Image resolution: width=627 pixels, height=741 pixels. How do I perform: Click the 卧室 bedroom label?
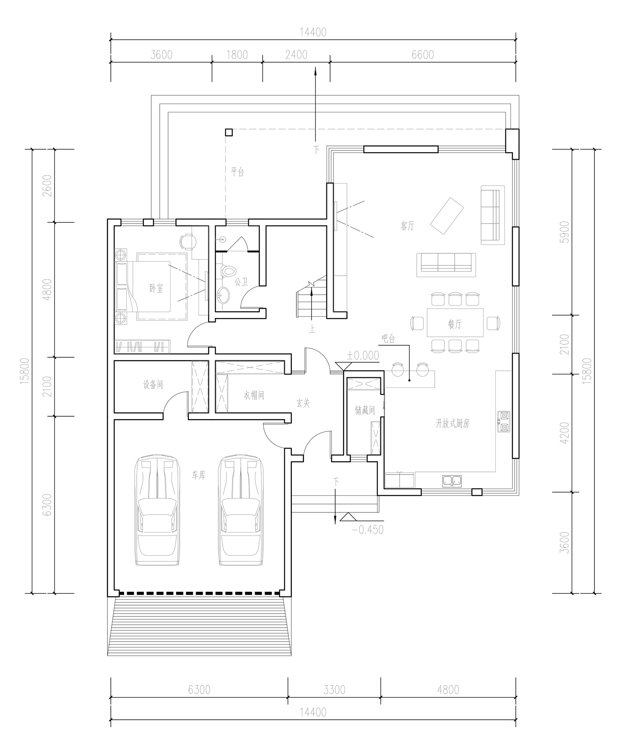point(156,288)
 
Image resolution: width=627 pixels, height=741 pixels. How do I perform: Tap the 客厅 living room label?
point(407,226)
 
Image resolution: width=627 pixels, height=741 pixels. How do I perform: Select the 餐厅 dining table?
point(455,323)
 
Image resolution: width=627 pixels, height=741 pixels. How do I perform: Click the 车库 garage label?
point(199,475)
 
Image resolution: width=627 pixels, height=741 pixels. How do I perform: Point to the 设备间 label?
point(153,385)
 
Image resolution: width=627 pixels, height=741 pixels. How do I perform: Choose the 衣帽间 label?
point(254,395)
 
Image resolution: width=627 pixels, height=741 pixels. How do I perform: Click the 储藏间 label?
point(365,410)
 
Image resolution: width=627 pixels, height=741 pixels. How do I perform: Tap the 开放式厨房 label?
point(453,424)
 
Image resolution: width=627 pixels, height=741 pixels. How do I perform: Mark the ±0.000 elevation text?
point(363,355)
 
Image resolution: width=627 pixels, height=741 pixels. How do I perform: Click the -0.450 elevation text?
point(368,530)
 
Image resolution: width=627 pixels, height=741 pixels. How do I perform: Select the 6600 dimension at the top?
point(423,55)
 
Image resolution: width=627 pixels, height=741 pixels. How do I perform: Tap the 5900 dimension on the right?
point(565,232)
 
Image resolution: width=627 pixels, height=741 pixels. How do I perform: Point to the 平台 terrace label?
point(237,172)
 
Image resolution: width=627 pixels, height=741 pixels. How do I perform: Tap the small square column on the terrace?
point(229,132)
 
